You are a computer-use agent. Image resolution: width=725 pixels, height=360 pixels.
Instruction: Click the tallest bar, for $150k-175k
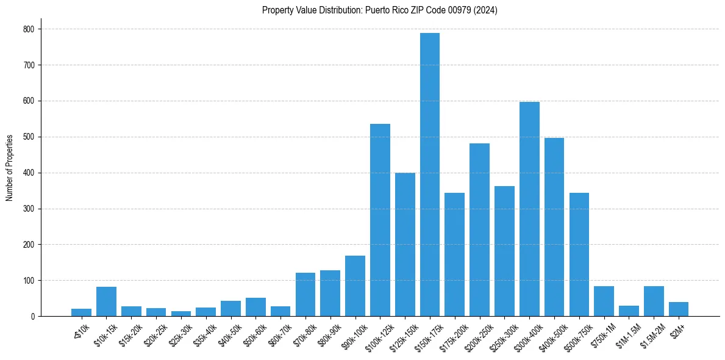429,175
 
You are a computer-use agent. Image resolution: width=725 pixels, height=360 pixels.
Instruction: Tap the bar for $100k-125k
380,220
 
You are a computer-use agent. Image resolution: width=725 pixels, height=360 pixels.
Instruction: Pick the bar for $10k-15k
106,301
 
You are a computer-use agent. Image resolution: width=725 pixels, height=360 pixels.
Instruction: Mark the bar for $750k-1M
604,301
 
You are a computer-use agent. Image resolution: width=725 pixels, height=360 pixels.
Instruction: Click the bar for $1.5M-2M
654,301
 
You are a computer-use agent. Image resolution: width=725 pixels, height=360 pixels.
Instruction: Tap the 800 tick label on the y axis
29,29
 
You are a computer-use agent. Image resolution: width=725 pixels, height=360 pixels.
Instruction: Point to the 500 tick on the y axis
29,137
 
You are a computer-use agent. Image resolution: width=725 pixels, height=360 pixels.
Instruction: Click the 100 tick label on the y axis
29,281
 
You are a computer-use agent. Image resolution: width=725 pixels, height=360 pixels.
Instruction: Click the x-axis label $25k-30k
179,333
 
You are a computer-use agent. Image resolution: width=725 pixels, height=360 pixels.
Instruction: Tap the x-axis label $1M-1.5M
626,333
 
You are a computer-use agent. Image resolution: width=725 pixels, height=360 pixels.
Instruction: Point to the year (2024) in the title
486,10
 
